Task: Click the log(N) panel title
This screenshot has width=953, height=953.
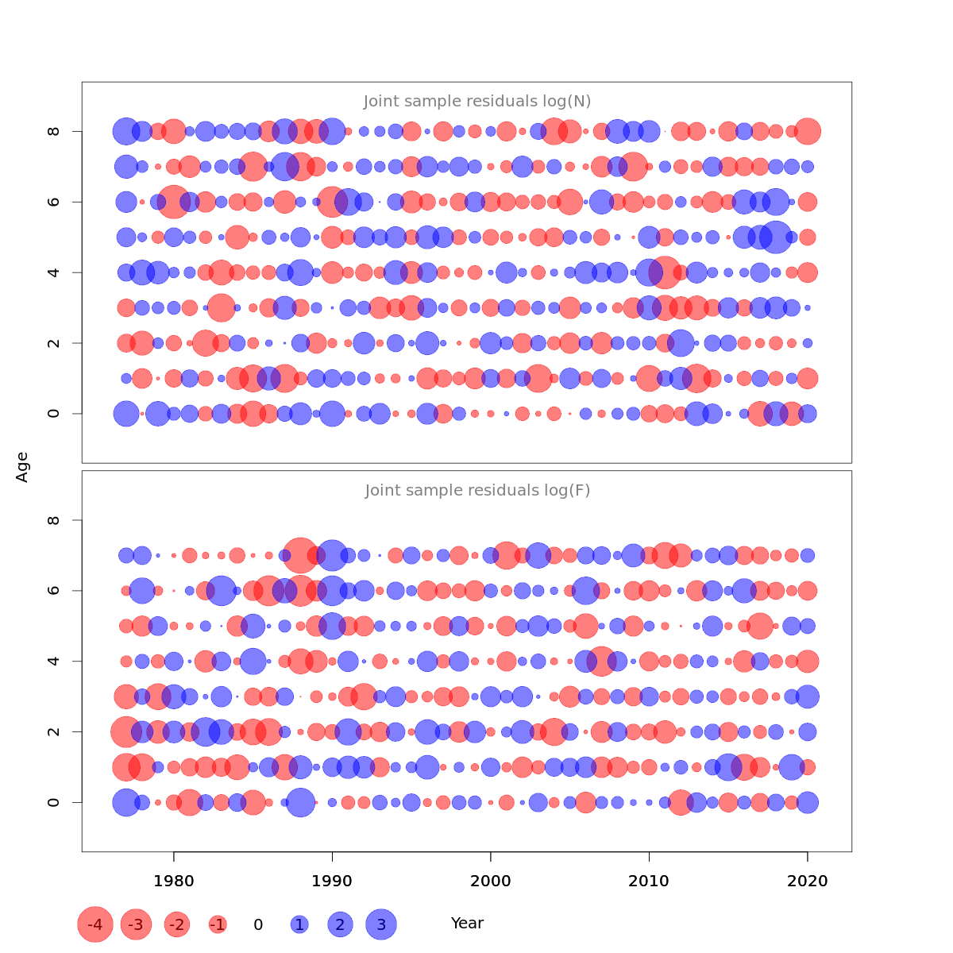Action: tap(477, 102)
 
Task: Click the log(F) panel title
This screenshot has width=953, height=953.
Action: tap(477, 491)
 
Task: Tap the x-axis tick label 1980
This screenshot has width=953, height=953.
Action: tap(173, 881)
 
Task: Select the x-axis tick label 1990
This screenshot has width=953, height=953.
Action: tap(332, 881)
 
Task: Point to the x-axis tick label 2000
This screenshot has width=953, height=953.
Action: tap(490, 881)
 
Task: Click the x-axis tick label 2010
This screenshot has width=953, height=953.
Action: tap(649, 881)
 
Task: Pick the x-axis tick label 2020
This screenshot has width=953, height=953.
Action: tap(808, 881)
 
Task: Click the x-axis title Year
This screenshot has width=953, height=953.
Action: tap(467, 924)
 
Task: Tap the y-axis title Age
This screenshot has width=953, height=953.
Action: tap(23, 467)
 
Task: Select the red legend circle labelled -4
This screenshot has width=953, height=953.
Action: tap(95, 924)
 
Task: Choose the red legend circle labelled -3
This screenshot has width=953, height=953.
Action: tap(137, 924)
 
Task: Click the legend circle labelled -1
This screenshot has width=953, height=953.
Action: tap(218, 924)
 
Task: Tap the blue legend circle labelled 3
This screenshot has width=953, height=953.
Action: tap(381, 924)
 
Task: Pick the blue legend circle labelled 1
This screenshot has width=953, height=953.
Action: tap(299, 924)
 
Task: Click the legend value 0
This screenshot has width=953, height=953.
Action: tap(258, 924)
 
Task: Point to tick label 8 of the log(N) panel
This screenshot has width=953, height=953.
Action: tap(54, 131)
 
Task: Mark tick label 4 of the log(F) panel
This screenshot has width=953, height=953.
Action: tap(54, 661)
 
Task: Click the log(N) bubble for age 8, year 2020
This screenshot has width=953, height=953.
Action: tap(808, 131)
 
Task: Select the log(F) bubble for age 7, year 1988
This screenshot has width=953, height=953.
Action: tap(300, 555)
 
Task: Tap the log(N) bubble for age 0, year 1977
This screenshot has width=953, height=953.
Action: tap(126, 414)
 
